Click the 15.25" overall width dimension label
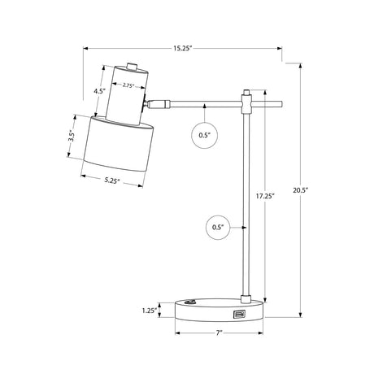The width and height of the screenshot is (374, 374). pyautogui.click(x=183, y=48)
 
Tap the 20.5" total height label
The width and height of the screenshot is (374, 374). pyautogui.click(x=301, y=190)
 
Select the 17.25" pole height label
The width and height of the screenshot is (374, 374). pyautogui.click(x=266, y=195)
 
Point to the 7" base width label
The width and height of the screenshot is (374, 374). pyautogui.click(x=219, y=333)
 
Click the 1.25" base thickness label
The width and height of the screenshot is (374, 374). pyautogui.click(x=150, y=311)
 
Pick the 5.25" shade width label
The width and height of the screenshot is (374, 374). pyautogui.click(x=112, y=180)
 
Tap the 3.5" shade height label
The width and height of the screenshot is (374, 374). pyautogui.click(x=72, y=137)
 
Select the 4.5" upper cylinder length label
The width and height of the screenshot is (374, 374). pyautogui.click(x=99, y=91)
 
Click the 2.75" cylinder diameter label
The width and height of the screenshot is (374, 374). pyautogui.click(x=128, y=85)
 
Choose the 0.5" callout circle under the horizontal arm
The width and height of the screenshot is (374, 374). pyautogui.click(x=205, y=135)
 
